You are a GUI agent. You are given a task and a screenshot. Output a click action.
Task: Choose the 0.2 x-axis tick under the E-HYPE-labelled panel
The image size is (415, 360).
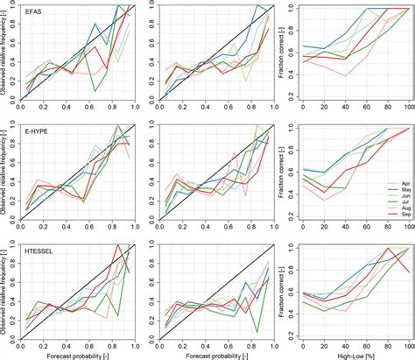click(x=46, y=229)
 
